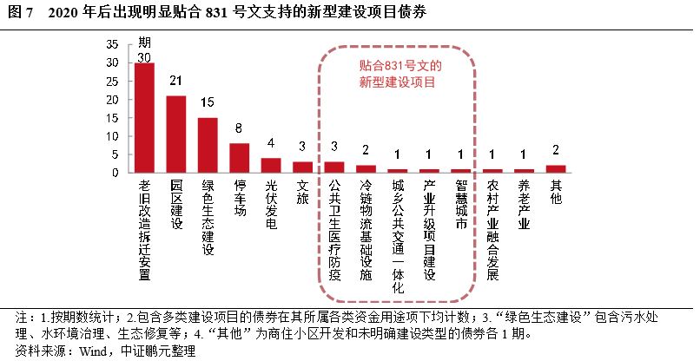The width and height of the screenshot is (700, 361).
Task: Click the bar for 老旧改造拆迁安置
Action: [x=144, y=118]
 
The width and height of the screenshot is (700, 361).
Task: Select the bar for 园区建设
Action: [x=175, y=134]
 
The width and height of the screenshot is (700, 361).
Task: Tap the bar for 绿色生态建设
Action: [x=208, y=145]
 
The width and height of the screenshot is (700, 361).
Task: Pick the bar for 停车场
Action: [x=239, y=158]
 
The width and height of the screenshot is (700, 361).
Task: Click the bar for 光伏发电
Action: [x=271, y=165]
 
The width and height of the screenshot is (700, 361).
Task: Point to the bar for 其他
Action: [x=556, y=168]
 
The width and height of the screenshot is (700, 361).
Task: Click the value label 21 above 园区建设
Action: [x=175, y=82]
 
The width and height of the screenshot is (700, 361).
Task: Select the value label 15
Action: [x=208, y=103]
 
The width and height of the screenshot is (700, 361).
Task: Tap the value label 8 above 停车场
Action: [x=239, y=129]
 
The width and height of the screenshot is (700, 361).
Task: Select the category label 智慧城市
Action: [x=461, y=204]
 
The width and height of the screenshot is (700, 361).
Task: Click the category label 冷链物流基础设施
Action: [x=366, y=229]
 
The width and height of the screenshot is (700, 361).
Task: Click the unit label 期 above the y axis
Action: [x=144, y=43]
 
